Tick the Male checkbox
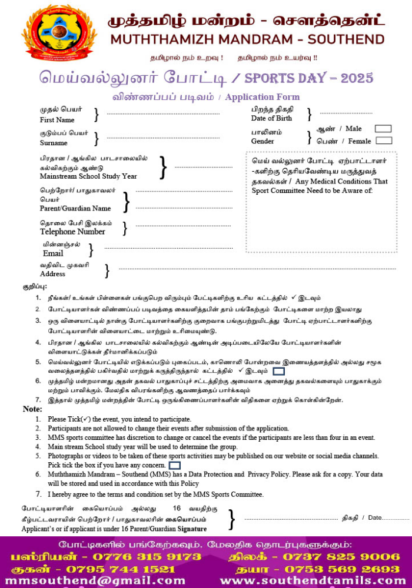(x=383, y=128)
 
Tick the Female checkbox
(x=384, y=141)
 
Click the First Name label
(x=57, y=120)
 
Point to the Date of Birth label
(x=271, y=118)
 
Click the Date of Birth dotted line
(x=345, y=112)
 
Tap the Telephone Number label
(x=72, y=232)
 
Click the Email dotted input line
(x=151, y=248)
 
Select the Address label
(x=52, y=274)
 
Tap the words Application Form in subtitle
(x=262, y=97)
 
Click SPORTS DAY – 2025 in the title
(x=308, y=78)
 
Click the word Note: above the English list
(x=32, y=409)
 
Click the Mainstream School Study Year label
(x=88, y=176)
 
